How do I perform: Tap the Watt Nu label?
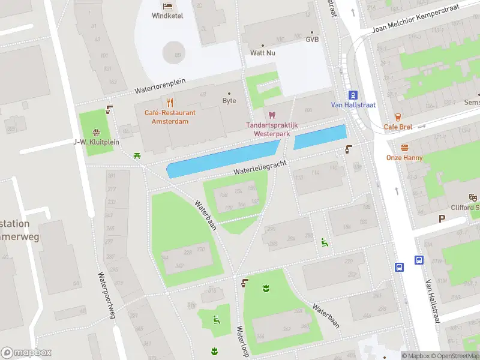click(x=262, y=53)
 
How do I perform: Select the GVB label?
click(x=312, y=40)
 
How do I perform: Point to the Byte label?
click(x=229, y=101)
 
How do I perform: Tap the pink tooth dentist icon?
click(x=271, y=115)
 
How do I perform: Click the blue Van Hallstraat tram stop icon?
click(x=353, y=94)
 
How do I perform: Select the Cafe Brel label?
click(x=397, y=127)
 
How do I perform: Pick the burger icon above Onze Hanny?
click(x=404, y=148)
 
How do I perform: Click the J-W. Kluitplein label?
click(x=96, y=142)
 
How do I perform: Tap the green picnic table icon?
click(x=138, y=156)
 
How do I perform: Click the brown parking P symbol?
click(x=442, y=219)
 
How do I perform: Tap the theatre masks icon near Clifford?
click(x=473, y=197)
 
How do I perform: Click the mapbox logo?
click(x=26, y=352)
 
